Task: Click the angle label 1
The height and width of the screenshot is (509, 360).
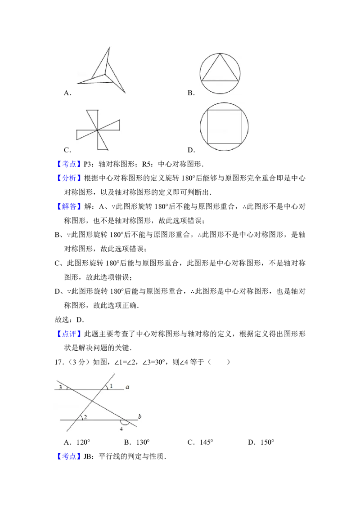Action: pyautogui.click(x=111, y=386)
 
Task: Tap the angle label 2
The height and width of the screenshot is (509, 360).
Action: pyautogui.click(x=85, y=417)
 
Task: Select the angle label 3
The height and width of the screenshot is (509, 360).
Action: pyautogui.click(x=60, y=387)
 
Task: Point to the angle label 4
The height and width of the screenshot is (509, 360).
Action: pyautogui.click(x=121, y=429)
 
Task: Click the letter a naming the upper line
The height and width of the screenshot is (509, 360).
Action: pyautogui.click(x=127, y=387)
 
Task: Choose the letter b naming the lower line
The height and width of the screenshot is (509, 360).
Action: pyautogui.click(x=139, y=417)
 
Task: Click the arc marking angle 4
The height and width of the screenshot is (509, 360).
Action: pyautogui.click(x=124, y=423)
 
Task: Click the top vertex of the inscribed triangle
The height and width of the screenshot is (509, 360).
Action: pyautogui.click(x=220, y=54)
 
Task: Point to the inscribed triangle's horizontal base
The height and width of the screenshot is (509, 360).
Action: pyautogui.click(x=220, y=80)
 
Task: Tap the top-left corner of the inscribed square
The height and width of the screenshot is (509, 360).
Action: pyautogui.click(x=207, y=110)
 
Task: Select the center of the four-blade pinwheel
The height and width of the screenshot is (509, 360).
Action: pyautogui.click(x=97, y=131)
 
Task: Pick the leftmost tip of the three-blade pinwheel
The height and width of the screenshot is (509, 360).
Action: pyautogui.click(x=77, y=83)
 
